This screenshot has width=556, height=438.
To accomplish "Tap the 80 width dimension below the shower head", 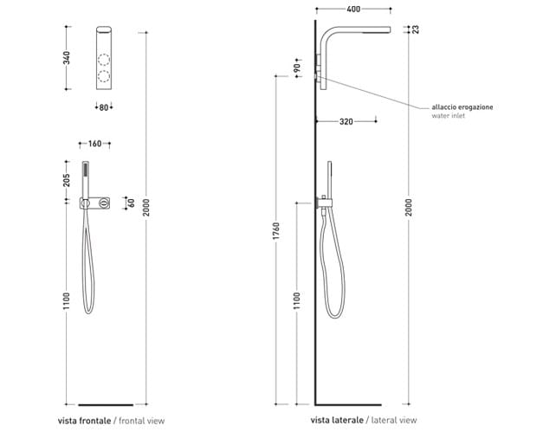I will coord(104,107).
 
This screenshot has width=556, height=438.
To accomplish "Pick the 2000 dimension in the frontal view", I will coord(148,205).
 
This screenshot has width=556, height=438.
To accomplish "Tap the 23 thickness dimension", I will coord(416,29).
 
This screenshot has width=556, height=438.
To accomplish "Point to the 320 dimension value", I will coord(346,122).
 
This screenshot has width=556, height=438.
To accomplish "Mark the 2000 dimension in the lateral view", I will coord(410,207).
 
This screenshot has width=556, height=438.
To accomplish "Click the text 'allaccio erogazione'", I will coord(462,106).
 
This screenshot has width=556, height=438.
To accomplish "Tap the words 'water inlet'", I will coord(448,116).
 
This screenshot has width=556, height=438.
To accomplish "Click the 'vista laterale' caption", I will coord(337,421).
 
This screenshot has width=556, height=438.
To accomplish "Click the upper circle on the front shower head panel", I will coord(104,61).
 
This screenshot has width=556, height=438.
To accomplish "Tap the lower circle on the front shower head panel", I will coord(104,77).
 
